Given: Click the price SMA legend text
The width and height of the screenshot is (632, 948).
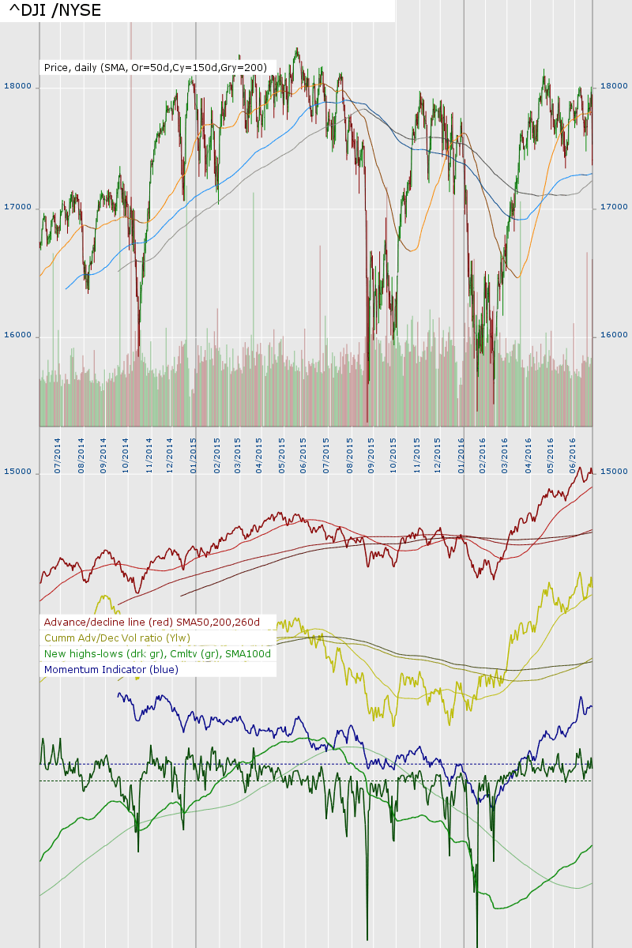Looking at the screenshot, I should [x=156, y=68].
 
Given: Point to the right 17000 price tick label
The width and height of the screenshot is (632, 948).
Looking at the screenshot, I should [x=614, y=207].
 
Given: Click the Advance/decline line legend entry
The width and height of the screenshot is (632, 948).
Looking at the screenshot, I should [x=152, y=623].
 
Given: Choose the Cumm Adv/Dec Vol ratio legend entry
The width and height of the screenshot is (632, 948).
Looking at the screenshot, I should [x=117, y=638].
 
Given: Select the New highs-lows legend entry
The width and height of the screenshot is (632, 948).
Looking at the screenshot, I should [x=157, y=654].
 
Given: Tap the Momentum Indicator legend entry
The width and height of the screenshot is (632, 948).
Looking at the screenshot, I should [x=111, y=670].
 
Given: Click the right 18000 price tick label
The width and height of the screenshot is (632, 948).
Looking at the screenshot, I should [x=614, y=86].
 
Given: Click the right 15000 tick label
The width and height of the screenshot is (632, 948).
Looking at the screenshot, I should [x=614, y=472].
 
